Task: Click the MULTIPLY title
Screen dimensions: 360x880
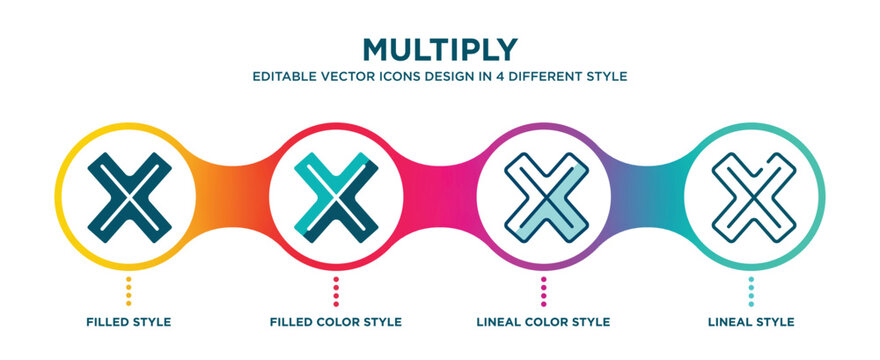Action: point(439,48)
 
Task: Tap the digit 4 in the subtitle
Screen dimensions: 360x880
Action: point(480,76)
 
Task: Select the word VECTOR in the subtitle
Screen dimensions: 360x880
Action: point(347,76)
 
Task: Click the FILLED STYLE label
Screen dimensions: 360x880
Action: point(128,322)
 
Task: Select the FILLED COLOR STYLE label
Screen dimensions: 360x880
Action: point(336,322)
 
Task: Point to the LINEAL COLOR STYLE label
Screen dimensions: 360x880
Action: point(544,322)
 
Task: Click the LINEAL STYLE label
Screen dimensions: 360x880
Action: point(751,322)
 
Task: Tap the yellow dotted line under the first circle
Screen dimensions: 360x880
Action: point(128,291)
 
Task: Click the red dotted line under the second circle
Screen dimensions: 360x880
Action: point(336,291)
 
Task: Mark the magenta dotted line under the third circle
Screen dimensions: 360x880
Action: point(544,291)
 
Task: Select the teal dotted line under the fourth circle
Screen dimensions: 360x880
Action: point(751,291)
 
